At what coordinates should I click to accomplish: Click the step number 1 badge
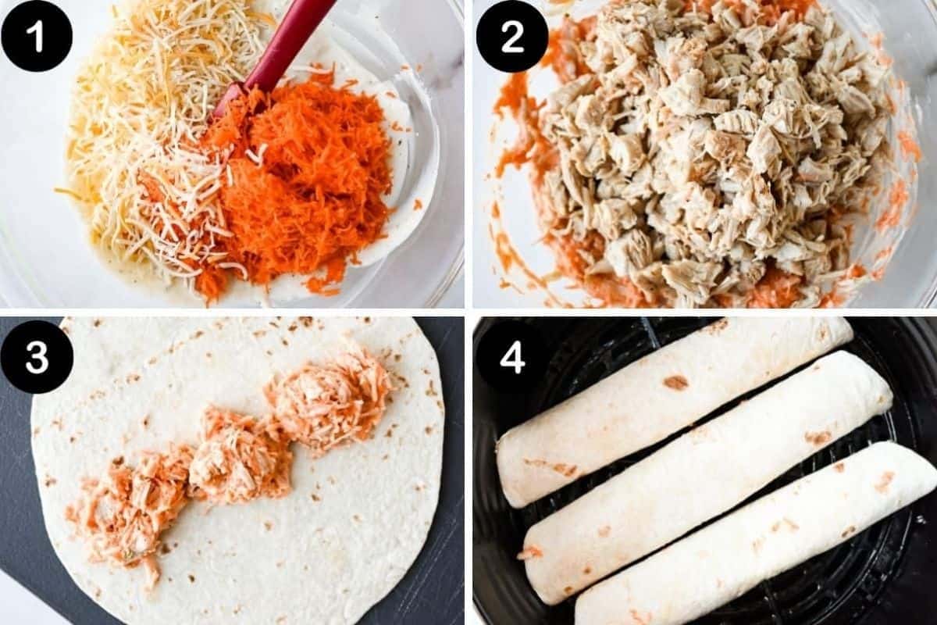tap(37, 36)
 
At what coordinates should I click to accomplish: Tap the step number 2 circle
tap(511, 36)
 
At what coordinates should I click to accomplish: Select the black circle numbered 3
tap(37, 356)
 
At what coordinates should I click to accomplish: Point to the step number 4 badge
tap(511, 356)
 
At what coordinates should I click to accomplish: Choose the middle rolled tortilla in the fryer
tap(703, 477)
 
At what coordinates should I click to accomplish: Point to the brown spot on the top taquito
tap(675, 383)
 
